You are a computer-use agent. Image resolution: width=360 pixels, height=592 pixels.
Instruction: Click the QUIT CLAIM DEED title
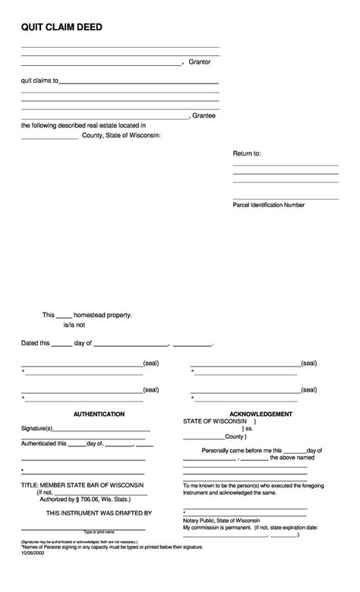pyautogui.click(x=62, y=27)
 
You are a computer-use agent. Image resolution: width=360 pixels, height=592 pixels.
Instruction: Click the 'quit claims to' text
pyautogui.click(x=39, y=80)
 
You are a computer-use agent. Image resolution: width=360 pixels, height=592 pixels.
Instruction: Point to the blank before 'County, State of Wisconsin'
pyautogui.click(x=49, y=137)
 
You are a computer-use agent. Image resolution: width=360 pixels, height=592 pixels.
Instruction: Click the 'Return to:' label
pyautogui.click(x=247, y=153)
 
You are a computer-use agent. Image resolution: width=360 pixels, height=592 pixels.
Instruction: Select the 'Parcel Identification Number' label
pyautogui.click(x=269, y=205)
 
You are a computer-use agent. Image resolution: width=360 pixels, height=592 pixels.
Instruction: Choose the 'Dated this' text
pyautogui.click(x=35, y=343)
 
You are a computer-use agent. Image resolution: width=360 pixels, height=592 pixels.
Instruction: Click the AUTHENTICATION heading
pyautogui.click(x=99, y=414)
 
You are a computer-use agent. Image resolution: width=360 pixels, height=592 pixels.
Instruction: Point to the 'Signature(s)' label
pyautogui.click(x=36, y=429)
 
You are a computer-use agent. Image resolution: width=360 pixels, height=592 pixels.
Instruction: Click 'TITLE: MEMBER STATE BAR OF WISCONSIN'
pyautogui.click(x=82, y=484)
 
